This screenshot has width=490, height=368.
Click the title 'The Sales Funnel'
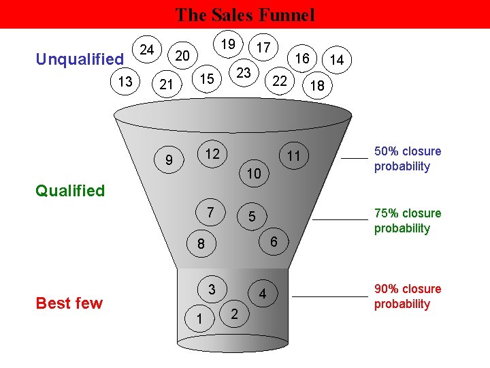[x=245, y=14]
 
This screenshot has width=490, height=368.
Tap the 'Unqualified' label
[x=80, y=59]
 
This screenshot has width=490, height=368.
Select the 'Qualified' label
[x=71, y=191]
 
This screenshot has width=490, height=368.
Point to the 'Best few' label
[x=69, y=303]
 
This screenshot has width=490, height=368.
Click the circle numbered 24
[x=146, y=49]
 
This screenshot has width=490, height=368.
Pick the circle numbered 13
[x=125, y=82]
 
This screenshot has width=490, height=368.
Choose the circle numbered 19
[x=229, y=44]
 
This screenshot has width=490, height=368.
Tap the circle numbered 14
[x=336, y=61]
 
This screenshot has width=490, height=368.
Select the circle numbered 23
[x=243, y=73]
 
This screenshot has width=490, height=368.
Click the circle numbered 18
[x=316, y=86]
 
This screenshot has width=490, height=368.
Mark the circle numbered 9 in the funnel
[x=169, y=161]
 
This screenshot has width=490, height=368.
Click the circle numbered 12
[x=212, y=154]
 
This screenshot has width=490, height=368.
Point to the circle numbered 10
[x=253, y=174]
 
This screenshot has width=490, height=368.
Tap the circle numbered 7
[x=211, y=213]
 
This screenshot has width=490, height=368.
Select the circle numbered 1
[x=199, y=318]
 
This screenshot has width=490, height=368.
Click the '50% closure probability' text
[x=407, y=159]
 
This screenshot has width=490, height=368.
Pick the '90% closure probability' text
[x=407, y=296]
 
